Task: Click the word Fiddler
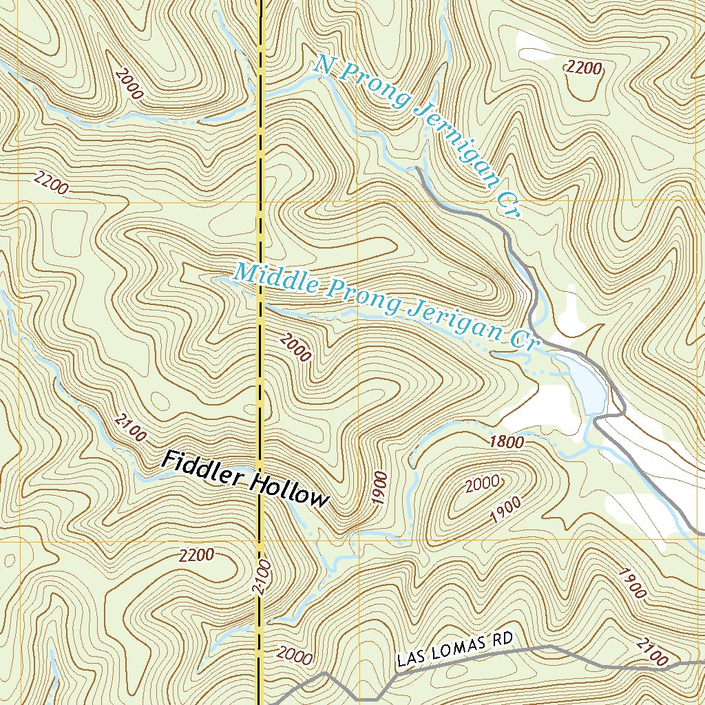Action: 202,470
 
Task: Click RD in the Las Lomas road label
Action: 503,640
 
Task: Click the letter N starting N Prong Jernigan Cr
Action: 324,65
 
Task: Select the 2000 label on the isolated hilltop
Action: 483,485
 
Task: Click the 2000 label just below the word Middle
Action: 296,346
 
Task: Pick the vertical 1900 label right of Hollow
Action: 380,489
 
